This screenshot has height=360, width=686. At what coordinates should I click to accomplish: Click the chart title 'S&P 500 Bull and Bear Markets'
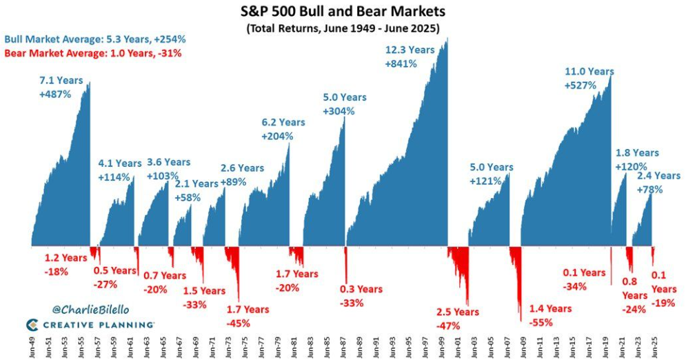343,10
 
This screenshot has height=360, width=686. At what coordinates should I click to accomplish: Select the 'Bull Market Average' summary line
95,39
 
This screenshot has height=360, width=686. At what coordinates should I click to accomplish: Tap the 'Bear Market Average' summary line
93,53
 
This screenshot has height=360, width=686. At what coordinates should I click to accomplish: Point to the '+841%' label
401,64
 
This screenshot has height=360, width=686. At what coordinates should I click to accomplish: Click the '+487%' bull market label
55,94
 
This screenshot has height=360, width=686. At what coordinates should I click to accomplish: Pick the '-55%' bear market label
541,323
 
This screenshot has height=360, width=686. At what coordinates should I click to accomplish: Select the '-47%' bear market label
448,326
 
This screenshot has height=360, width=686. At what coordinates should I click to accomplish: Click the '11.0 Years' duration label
589,71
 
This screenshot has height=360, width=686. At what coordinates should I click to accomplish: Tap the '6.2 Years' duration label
283,123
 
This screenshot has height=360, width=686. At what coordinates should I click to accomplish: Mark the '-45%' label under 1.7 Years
239,323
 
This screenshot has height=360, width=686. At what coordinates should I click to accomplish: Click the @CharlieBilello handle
90,310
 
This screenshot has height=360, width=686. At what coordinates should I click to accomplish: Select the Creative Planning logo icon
32,325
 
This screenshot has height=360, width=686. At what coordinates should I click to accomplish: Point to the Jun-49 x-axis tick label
32,348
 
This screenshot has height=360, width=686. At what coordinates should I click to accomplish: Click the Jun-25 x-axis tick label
654,348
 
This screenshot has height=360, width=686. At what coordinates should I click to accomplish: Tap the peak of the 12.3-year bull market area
447,38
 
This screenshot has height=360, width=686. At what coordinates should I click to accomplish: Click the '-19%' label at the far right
663,303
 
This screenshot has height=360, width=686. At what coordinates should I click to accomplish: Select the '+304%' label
339,111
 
